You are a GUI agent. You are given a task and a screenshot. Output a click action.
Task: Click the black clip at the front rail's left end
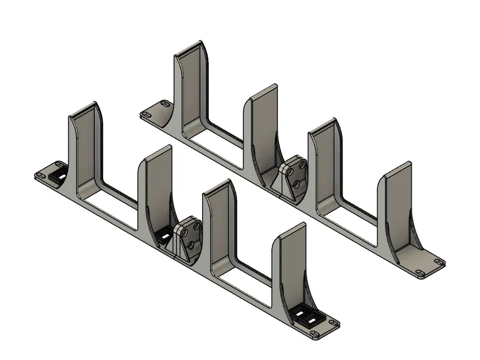[x=59, y=174]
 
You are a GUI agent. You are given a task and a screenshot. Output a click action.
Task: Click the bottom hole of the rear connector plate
[x=297, y=183]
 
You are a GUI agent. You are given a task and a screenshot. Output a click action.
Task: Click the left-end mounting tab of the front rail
[x=46, y=175]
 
